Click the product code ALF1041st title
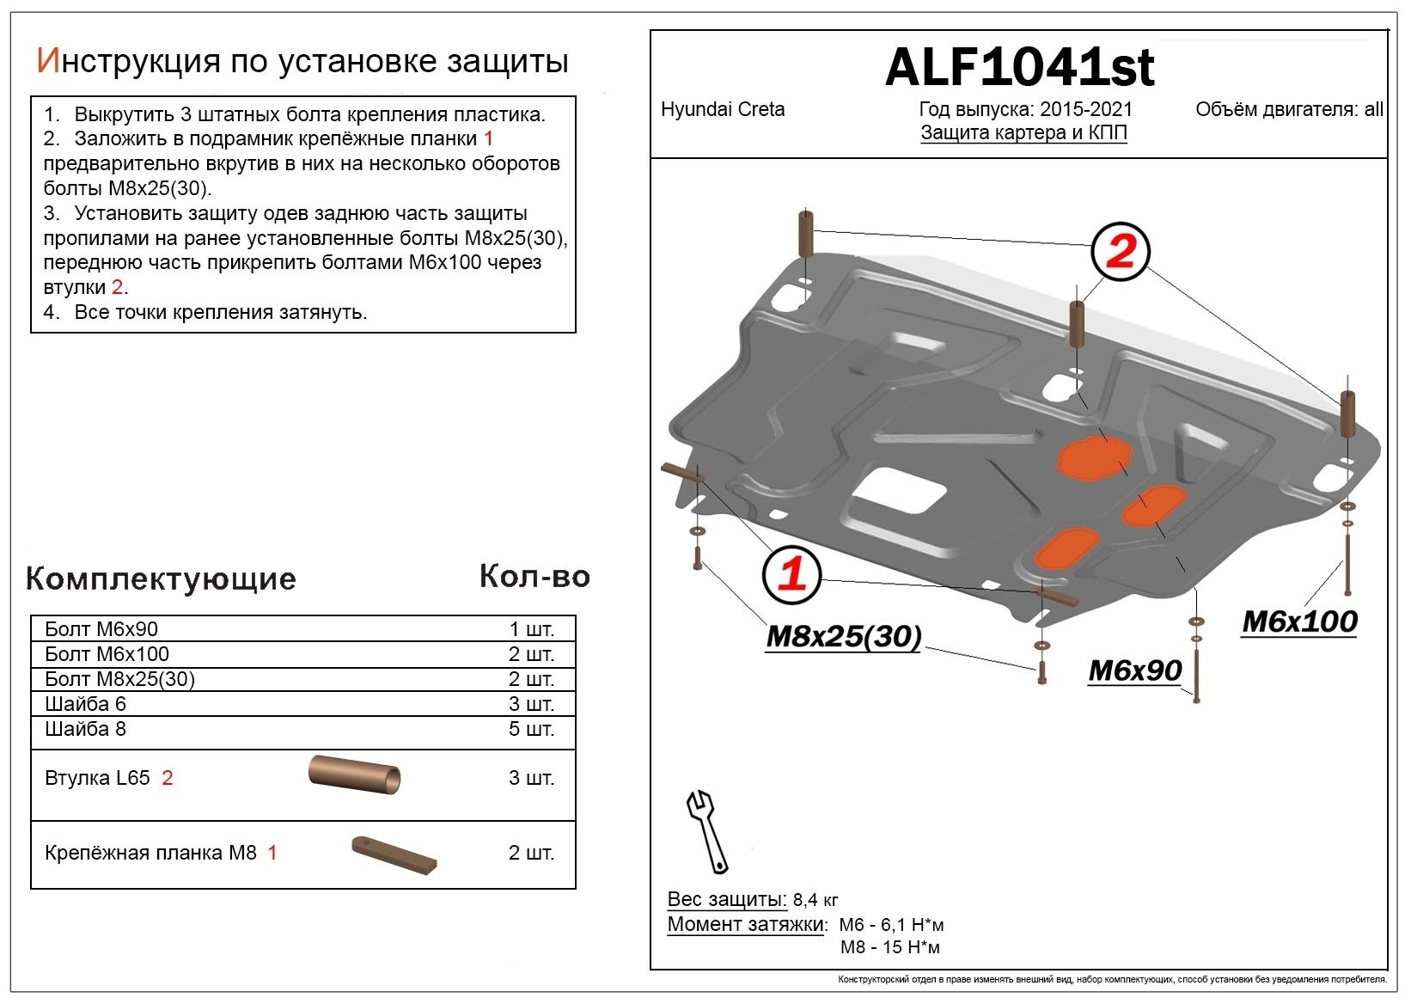[x=1019, y=67]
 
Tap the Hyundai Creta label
[x=722, y=109]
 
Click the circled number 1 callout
[x=791, y=573]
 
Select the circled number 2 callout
[x=1121, y=251]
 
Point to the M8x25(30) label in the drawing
[x=843, y=636]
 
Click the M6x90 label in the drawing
[x=1134, y=670]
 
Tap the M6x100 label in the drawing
[x=1299, y=621]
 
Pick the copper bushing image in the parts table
[x=354, y=774]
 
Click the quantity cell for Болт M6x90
[x=531, y=629]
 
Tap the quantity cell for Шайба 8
[x=531, y=729]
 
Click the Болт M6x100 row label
[x=107, y=654]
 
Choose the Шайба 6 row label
[x=85, y=704]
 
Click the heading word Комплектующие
[x=161, y=579]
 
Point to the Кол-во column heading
[x=534, y=576]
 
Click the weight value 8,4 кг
[x=815, y=900]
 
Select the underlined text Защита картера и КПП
[x=1023, y=133]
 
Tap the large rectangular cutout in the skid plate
[x=896, y=496]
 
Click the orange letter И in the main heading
[x=47, y=61]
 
